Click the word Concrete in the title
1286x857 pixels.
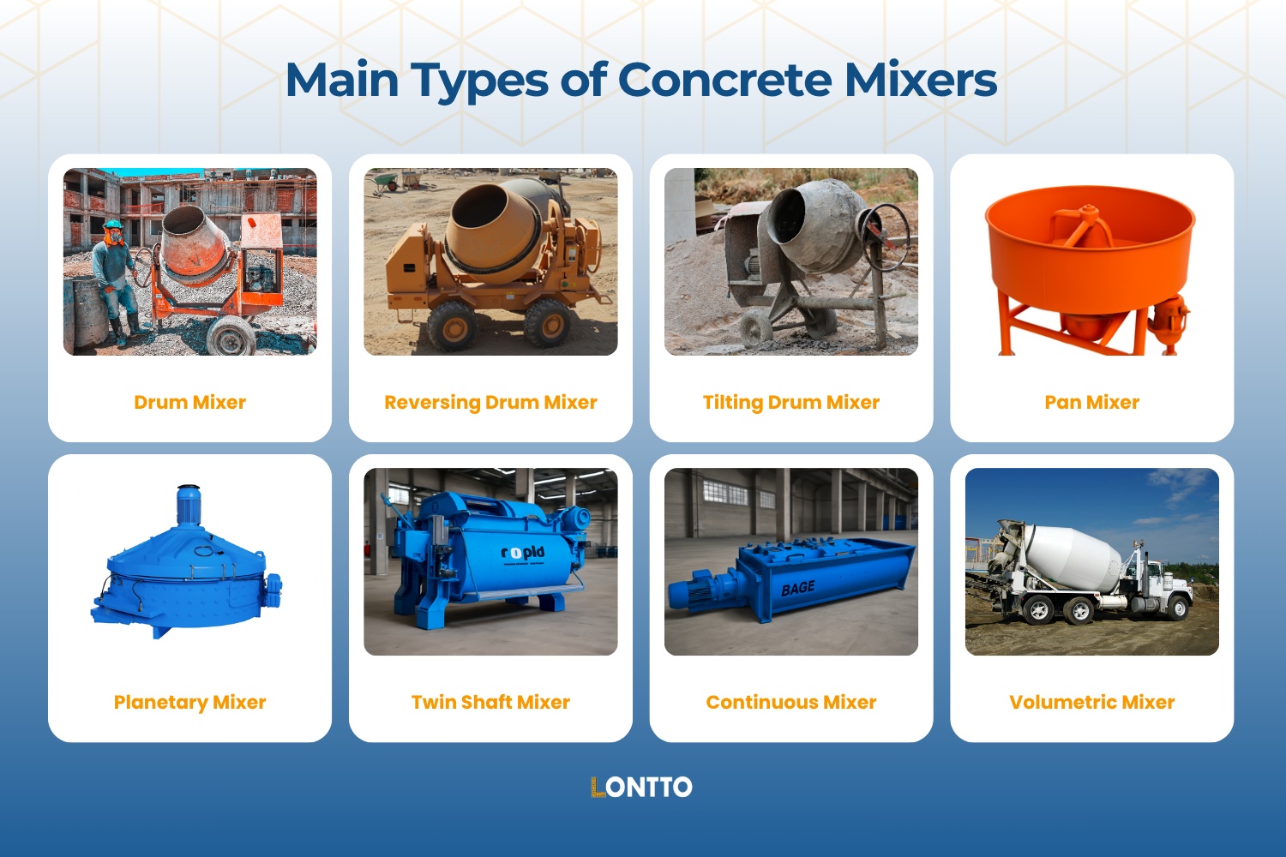coord(724,81)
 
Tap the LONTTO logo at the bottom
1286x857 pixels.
coord(641,788)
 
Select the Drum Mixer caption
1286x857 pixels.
coord(189,402)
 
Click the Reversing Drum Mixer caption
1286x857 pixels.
coord(490,402)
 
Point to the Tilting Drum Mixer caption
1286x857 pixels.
coord(790,402)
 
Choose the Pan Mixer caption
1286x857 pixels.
coord(1091,402)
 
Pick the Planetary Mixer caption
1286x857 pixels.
coord(189,702)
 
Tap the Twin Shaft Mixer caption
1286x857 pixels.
coord(490,702)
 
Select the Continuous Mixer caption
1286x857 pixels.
coord(790,702)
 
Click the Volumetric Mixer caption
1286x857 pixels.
coord(1091,702)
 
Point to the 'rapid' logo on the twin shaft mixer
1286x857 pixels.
coord(523,553)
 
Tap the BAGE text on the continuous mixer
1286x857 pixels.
coord(797,589)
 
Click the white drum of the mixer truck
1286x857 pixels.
coord(1072,557)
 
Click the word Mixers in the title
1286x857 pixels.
coord(921,81)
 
